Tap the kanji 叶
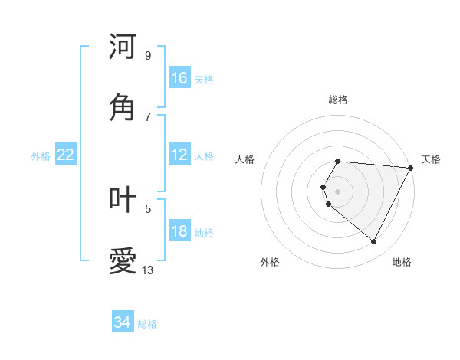tap(123, 199)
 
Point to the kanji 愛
tap(123, 260)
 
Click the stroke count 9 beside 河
tap(147, 55)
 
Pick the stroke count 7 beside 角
tap(147, 116)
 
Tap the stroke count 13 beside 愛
tap(148, 270)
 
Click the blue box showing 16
tap(179, 78)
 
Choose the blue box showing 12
tap(179, 155)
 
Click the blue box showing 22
tap(66, 155)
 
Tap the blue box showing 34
tap(123, 322)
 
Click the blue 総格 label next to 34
tap(148, 324)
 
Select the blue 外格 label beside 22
tap(41, 156)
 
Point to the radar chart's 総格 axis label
tap(337, 100)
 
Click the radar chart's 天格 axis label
tap(431, 159)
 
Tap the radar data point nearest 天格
tap(411, 168)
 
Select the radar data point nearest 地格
tap(374, 242)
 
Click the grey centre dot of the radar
tap(337, 191)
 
